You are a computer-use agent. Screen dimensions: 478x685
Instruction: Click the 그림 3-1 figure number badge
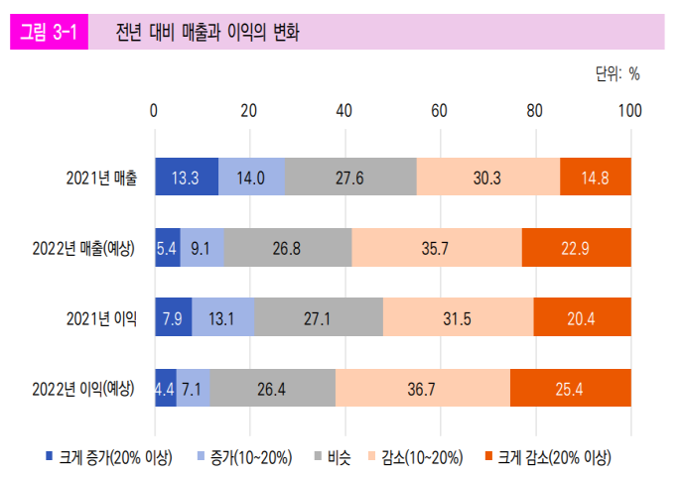(x=49, y=33)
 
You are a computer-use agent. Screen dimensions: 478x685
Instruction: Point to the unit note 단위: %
(x=616, y=74)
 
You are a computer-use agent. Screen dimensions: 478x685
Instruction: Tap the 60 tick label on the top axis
(x=440, y=110)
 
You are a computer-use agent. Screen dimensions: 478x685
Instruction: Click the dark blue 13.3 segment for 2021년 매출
(x=187, y=178)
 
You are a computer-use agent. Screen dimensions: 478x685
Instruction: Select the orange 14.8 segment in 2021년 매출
(x=596, y=178)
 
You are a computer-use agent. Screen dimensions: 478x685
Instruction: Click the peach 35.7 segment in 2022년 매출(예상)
(x=436, y=247)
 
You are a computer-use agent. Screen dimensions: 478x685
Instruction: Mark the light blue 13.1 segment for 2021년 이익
(x=223, y=317)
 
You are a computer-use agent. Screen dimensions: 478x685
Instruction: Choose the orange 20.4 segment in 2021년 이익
(x=583, y=317)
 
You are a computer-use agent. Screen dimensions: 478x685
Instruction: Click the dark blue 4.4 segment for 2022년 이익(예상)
(x=165, y=387)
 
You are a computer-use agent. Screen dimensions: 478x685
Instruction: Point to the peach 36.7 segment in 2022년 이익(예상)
(x=422, y=387)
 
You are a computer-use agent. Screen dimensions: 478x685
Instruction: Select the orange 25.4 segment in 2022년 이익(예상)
(x=571, y=387)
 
